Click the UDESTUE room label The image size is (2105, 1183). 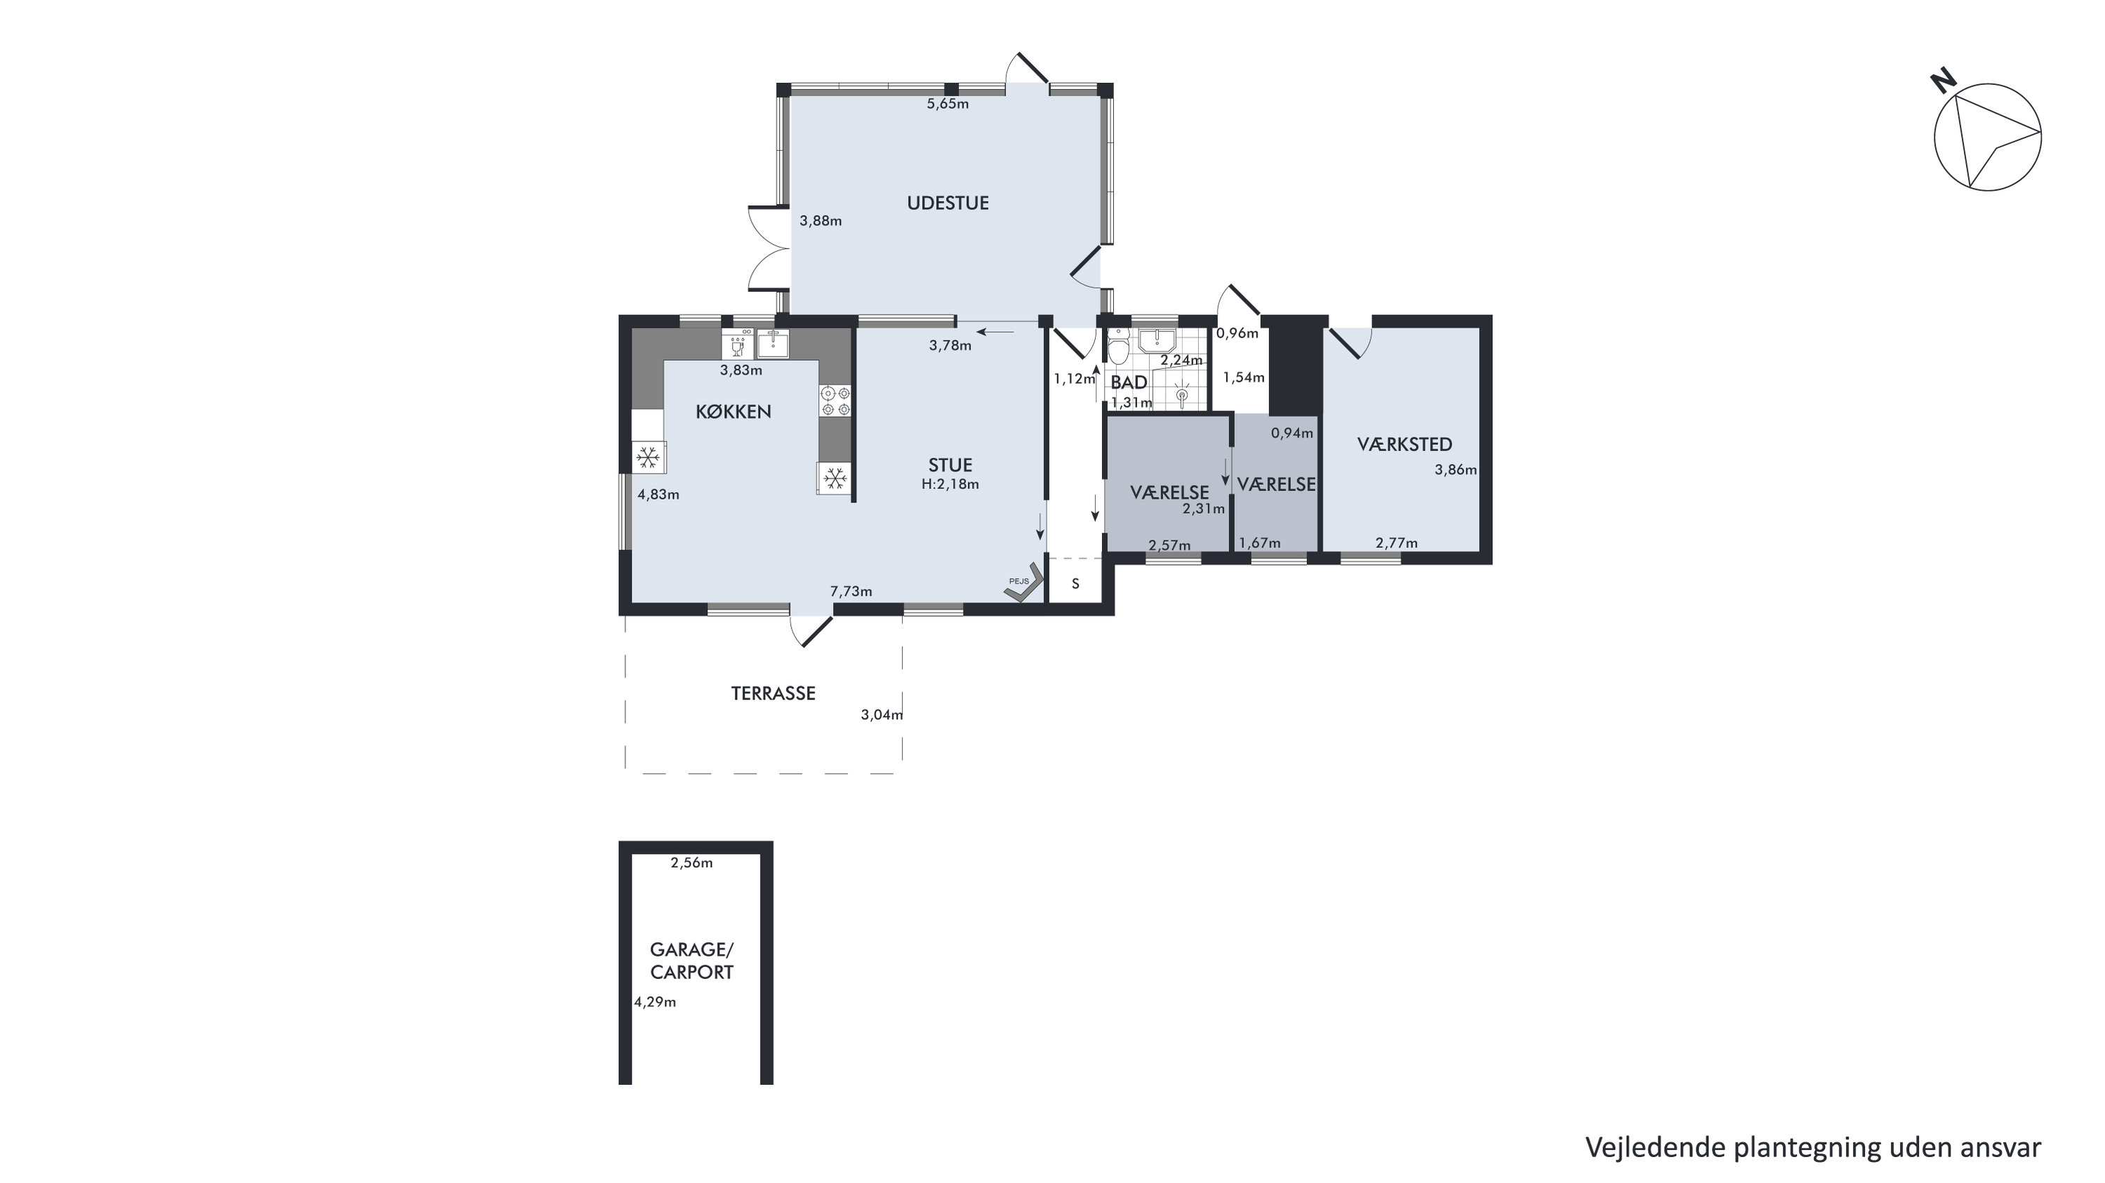(948, 203)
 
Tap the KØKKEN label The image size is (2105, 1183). (733, 412)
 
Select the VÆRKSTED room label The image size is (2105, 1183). (1405, 444)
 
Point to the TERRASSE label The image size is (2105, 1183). (773, 694)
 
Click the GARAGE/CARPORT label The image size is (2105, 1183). (691, 961)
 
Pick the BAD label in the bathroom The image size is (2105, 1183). (1129, 382)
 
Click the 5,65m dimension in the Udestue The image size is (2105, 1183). (948, 104)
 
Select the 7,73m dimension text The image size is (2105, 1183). (851, 591)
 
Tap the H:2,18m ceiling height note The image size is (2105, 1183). (950, 483)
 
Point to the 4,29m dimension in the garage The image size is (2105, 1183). (656, 1003)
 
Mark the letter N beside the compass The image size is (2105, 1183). (1943, 80)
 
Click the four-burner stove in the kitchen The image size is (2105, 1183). (835, 401)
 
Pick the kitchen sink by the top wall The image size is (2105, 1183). (200, 344)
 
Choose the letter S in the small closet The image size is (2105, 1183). (1075, 584)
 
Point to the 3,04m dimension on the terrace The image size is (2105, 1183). (882, 715)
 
